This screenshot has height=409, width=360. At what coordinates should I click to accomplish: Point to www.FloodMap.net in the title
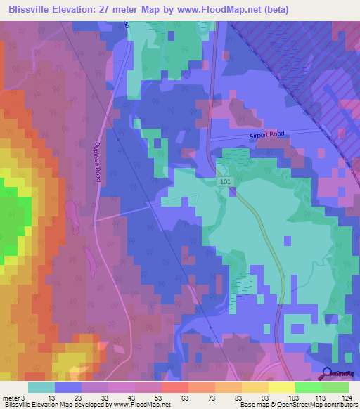point(218,10)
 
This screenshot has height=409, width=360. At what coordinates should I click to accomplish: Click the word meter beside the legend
point(11,398)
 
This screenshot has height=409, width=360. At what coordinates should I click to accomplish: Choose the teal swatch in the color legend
point(41,387)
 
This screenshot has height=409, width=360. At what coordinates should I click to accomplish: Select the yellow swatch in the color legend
point(281,387)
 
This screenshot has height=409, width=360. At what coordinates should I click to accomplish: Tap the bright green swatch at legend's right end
point(335,387)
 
